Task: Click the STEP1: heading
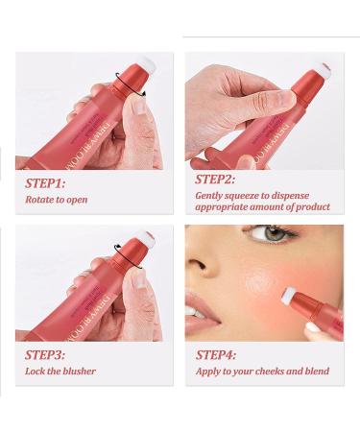pos(44,181)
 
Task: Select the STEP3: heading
pos(44,354)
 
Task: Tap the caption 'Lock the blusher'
pos(60,372)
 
